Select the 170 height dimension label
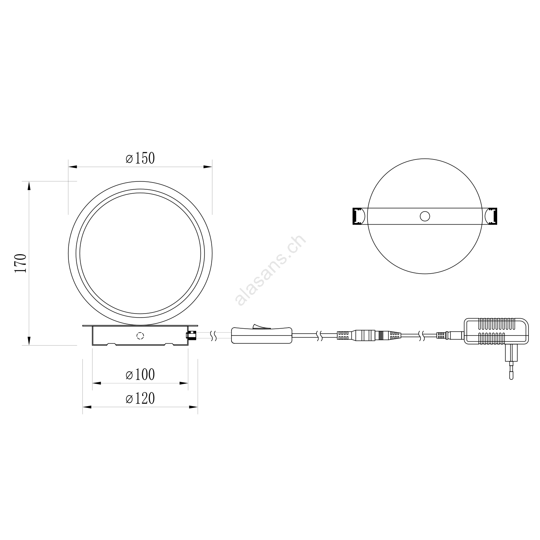21,263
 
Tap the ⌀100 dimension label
140,374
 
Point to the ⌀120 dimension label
140,399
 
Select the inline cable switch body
261,335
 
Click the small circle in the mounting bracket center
425,216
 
